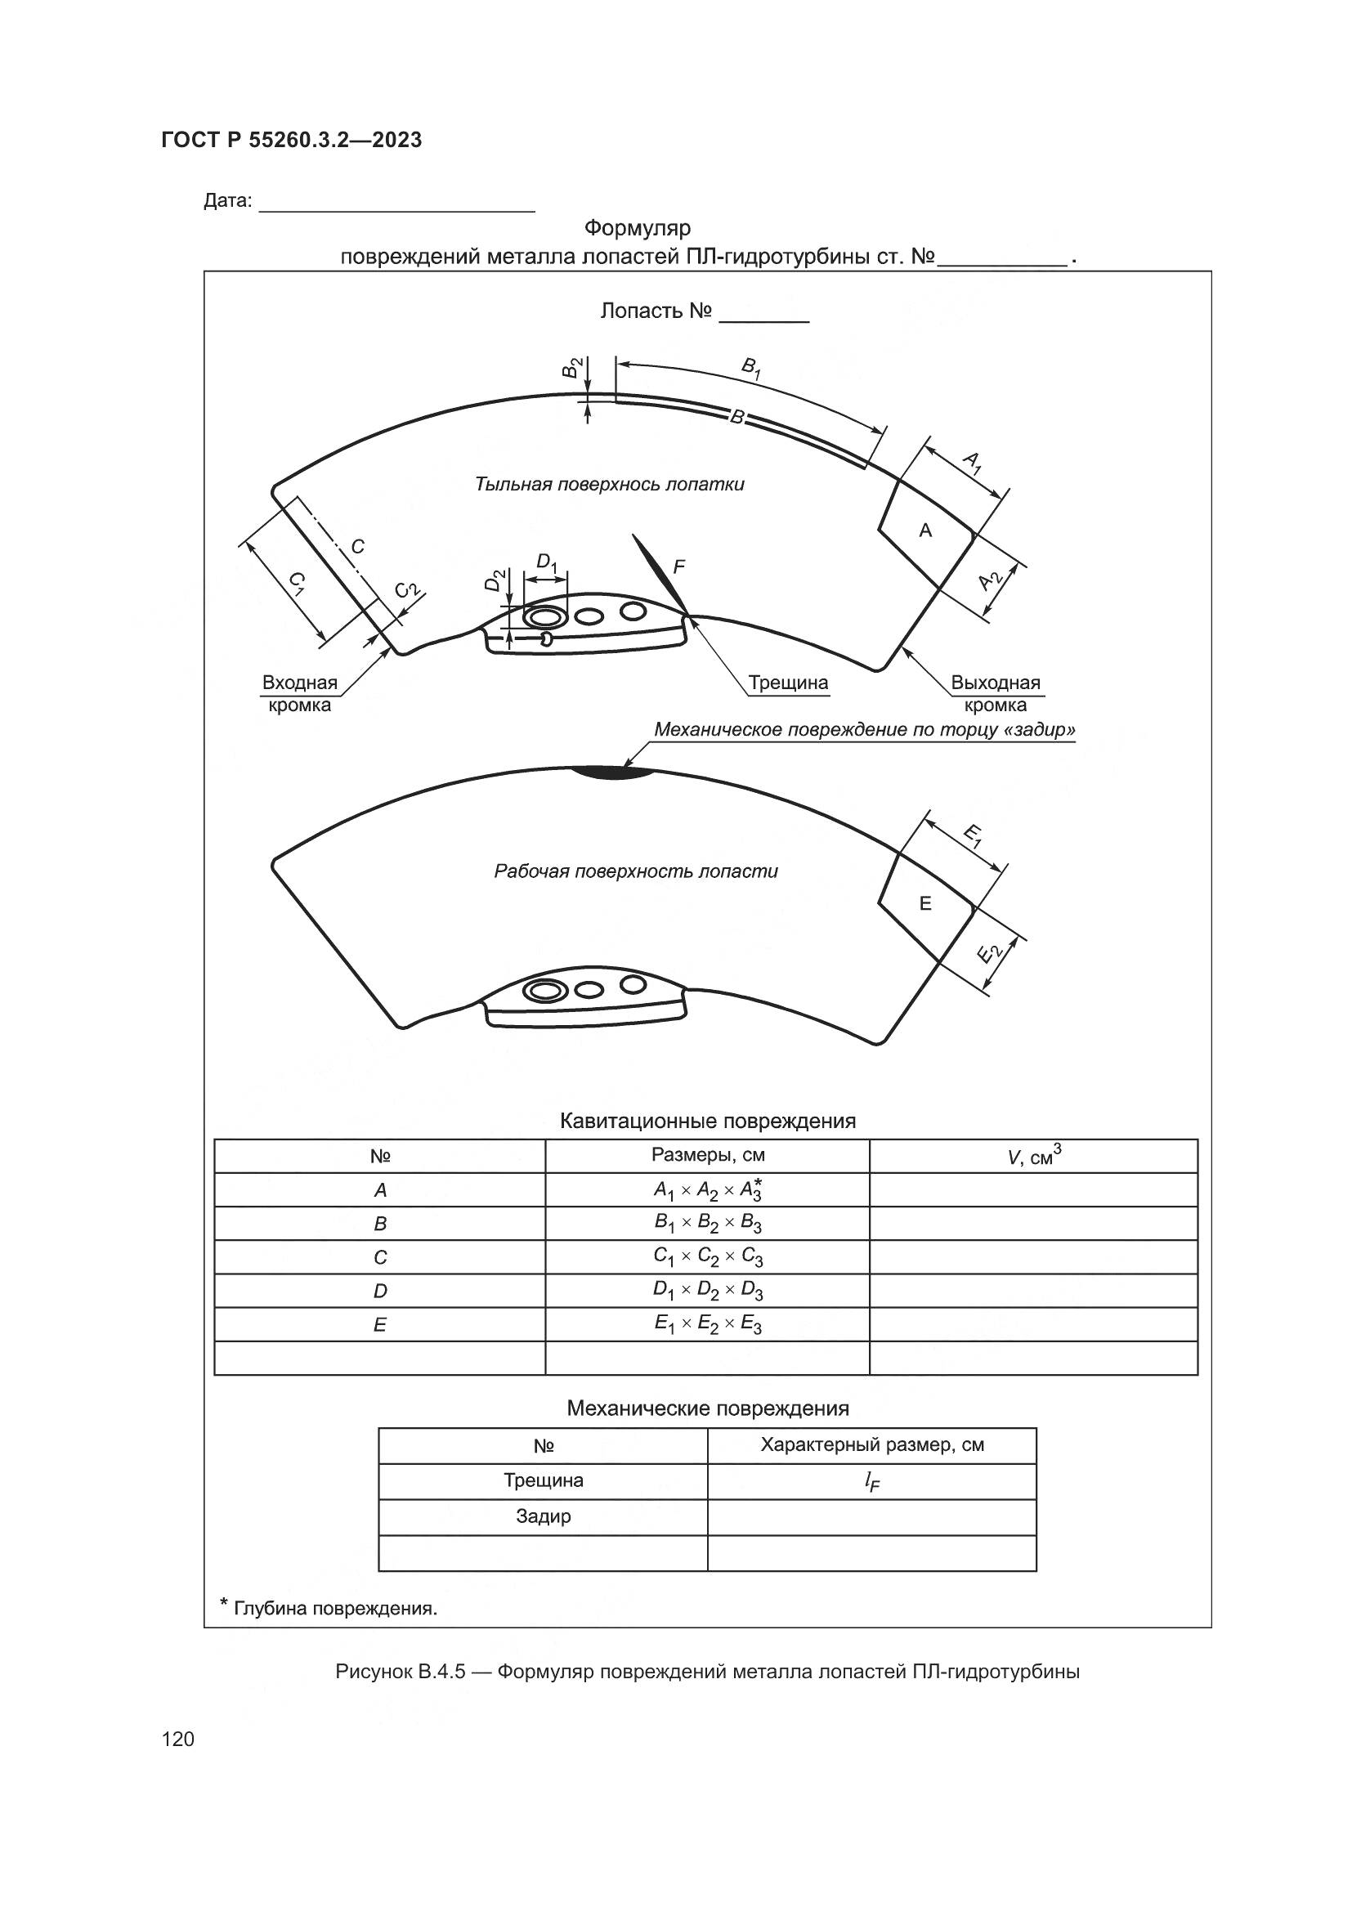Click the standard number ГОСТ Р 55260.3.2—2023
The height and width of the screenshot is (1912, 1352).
291,140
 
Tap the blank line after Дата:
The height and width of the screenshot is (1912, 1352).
396,204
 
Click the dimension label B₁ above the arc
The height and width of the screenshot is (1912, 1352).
750,367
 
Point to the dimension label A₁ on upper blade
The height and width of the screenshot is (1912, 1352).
972,462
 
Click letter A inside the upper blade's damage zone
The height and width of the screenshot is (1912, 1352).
925,531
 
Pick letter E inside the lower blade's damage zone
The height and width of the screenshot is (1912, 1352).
925,903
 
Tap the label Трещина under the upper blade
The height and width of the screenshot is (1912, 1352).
787,683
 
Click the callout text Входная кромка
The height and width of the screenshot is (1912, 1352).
300,694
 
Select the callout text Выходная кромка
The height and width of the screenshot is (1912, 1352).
996,694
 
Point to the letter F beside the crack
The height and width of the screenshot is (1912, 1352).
678,567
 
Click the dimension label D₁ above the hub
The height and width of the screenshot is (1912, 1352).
546,562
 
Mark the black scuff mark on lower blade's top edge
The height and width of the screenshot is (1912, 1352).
612,772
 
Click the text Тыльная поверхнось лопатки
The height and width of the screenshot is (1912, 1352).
610,484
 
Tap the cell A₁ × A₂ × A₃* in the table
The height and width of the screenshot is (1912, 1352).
708,1190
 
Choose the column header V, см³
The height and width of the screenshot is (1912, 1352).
1033,1156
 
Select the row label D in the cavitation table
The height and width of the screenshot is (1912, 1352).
379,1291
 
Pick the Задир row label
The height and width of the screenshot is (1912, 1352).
543,1516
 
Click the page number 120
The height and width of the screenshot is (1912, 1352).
178,1739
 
